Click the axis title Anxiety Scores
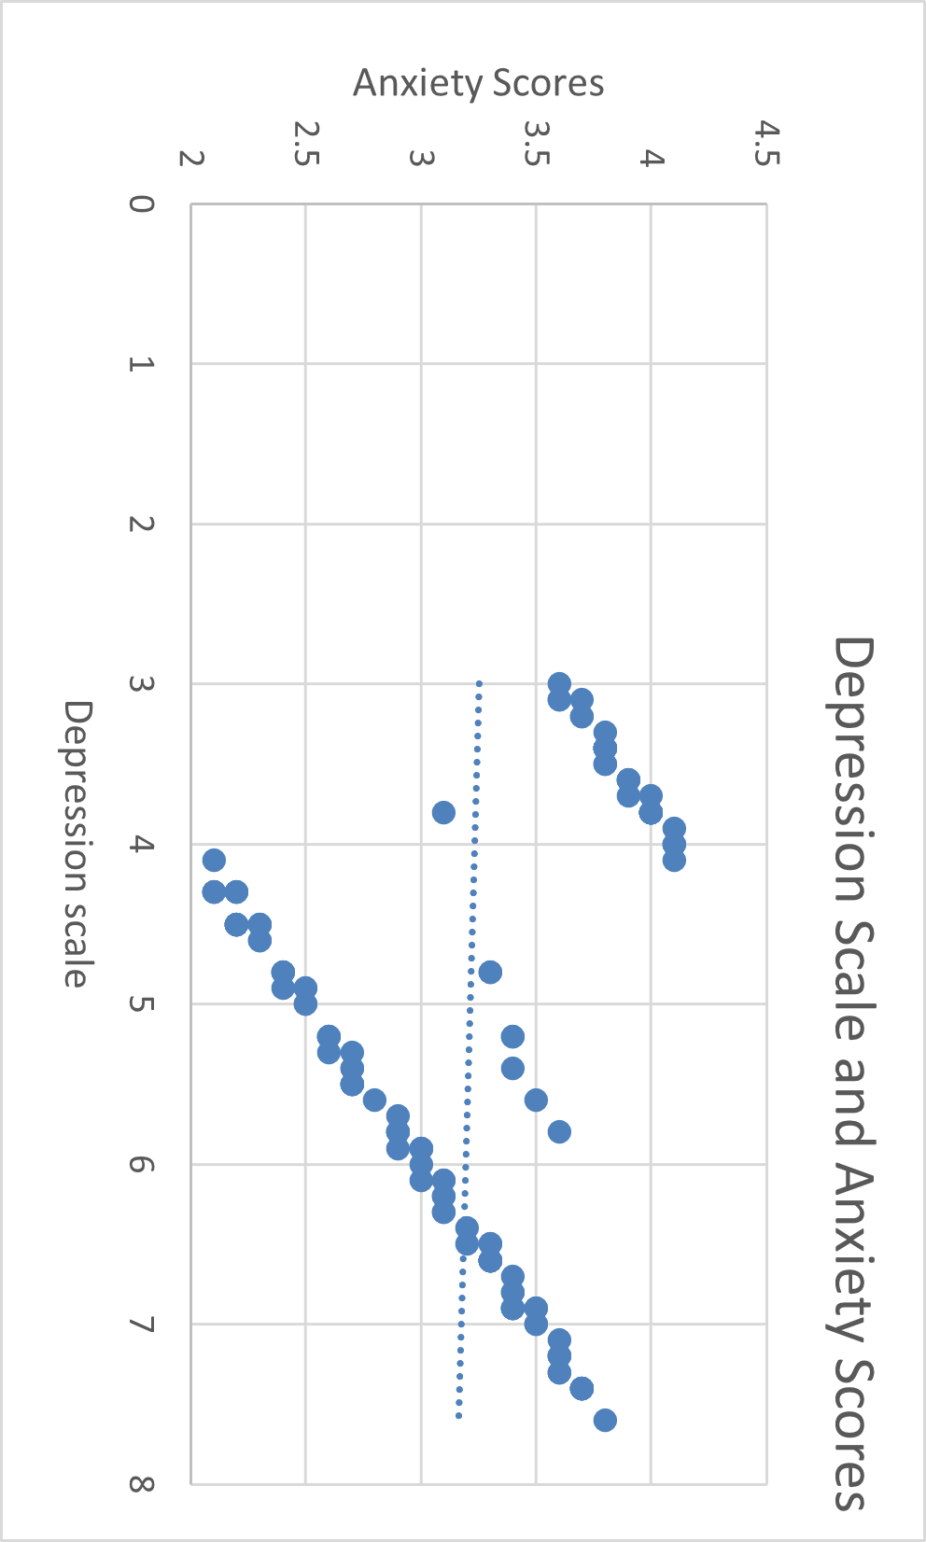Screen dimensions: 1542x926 tap(478, 84)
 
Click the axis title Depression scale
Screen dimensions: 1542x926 tap(77, 844)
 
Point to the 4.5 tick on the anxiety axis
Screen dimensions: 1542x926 tap(765, 145)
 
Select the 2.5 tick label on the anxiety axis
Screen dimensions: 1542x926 tap(305, 145)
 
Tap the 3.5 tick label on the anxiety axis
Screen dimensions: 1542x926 tap(535, 145)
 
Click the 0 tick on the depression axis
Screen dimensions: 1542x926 tap(142, 203)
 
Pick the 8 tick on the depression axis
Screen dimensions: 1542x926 tap(142, 1483)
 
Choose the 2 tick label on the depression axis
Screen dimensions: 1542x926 tap(142, 524)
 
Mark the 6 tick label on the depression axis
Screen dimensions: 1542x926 tap(142, 1164)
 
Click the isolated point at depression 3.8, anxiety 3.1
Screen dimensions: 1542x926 tap(443, 812)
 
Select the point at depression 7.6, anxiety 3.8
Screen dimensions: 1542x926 tap(605, 1420)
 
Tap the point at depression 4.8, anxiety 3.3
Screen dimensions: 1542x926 tap(490, 972)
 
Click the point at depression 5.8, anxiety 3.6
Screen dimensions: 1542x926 tap(559, 1131)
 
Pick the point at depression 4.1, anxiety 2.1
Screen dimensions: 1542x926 tap(214, 860)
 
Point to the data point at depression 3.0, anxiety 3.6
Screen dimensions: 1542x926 tap(559, 683)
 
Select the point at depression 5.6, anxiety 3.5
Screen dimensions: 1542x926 tap(536, 1100)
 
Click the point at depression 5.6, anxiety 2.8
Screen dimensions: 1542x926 tap(374, 1100)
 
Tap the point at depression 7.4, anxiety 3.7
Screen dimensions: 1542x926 tap(582, 1388)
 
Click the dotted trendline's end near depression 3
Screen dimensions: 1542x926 tap(479, 684)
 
